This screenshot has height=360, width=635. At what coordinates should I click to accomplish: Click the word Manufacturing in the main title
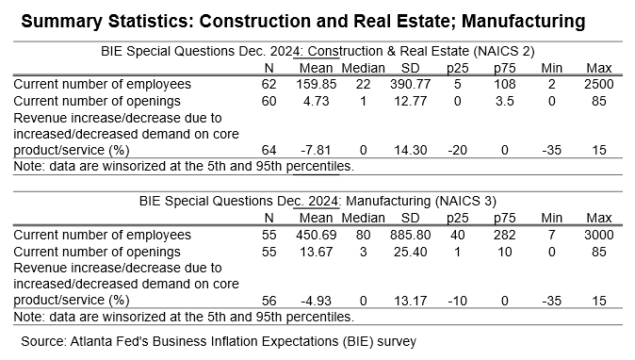pyautogui.click(x=523, y=21)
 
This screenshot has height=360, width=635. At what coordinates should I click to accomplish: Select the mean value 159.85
pyautogui.click(x=316, y=84)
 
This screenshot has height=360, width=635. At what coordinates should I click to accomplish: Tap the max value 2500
pyautogui.click(x=598, y=84)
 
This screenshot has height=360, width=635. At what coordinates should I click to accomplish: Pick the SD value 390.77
pyautogui.click(x=410, y=84)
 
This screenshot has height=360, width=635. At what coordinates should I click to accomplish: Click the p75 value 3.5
pyautogui.click(x=505, y=101)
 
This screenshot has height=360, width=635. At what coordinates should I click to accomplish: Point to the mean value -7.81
pyautogui.click(x=316, y=150)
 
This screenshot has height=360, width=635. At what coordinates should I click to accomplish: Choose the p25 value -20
pyautogui.click(x=457, y=150)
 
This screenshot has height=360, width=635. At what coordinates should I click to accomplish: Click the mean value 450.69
pyautogui.click(x=316, y=235)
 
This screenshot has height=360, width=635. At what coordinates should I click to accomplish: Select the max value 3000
pyautogui.click(x=598, y=235)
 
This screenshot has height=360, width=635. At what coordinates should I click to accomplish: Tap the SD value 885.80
pyautogui.click(x=410, y=235)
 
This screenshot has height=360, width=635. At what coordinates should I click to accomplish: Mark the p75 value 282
pyautogui.click(x=505, y=235)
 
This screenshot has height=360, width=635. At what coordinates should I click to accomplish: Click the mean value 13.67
pyautogui.click(x=316, y=252)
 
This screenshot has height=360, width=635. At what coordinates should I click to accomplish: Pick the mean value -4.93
pyautogui.click(x=316, y=301)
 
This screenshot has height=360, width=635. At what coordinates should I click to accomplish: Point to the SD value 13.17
pyautogui.click(x=410, y=301)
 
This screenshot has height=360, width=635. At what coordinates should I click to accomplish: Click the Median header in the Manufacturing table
pyautogui.click(x=363, y=218)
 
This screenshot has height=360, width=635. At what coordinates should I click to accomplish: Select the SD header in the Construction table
pyautogui.click(x=410, y=68)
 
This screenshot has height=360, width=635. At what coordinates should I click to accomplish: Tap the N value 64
pyautogui.click(x=269, y=150)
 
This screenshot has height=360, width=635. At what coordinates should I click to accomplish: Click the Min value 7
pyautogui.click(x=551, y=235)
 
